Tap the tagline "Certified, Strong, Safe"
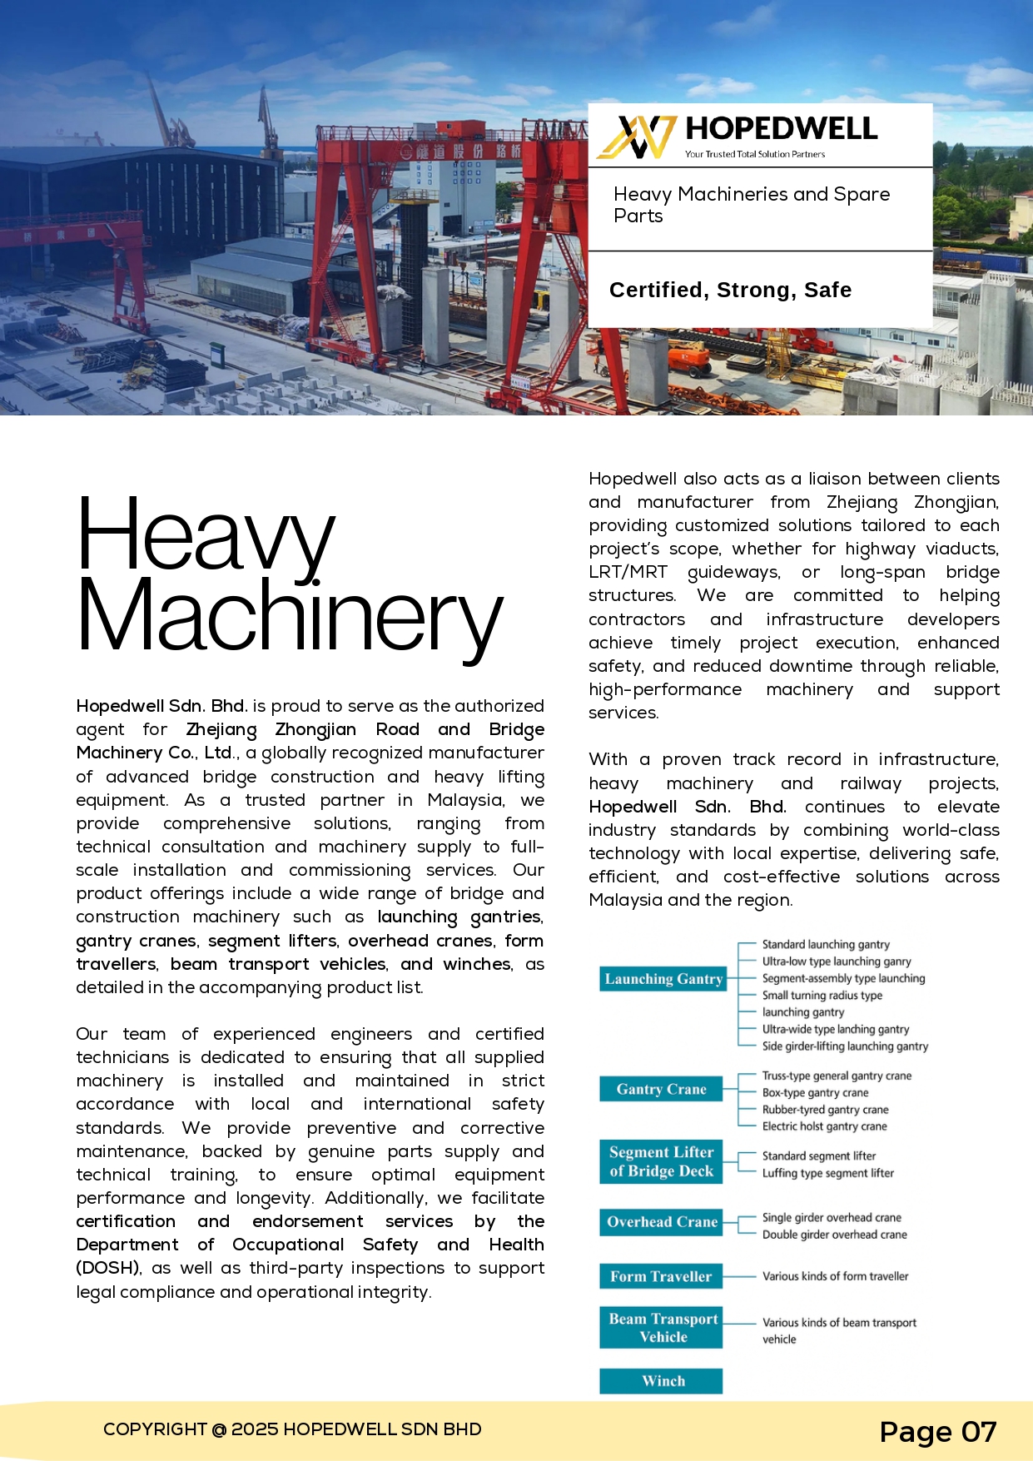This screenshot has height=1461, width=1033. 730,290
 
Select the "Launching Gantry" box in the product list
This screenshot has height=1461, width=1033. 663,979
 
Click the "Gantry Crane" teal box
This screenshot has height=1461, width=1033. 661,1089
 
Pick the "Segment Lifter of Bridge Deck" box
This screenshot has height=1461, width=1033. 661,1161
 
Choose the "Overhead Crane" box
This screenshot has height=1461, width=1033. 661,1222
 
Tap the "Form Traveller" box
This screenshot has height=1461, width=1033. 661,1276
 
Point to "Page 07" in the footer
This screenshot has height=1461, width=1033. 937,1432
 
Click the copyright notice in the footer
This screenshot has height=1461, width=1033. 292,1429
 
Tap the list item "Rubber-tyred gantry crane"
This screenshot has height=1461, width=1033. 825,1110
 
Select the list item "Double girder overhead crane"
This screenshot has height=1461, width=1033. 834,1235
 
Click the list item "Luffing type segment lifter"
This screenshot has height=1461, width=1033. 827,1173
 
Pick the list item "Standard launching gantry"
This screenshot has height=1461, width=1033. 826,944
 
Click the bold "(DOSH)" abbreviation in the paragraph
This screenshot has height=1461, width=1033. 107,1268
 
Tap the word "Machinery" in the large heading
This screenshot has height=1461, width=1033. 290,616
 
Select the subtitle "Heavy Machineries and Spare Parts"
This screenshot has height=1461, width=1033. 751,205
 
